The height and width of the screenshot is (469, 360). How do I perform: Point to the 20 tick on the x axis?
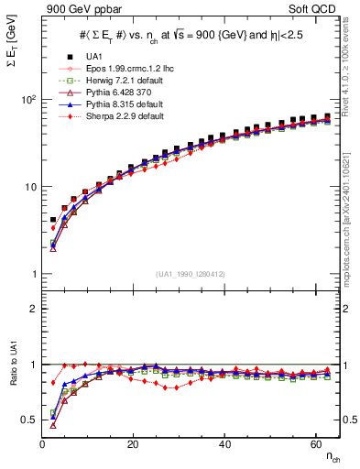[134, 443]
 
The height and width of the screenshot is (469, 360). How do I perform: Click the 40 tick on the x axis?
[226, 443]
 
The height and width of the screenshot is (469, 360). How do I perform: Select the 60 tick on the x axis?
[318, 443]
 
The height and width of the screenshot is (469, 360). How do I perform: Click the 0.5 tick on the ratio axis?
[29, 420]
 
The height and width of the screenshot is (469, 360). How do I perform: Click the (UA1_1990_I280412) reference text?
[191, 274]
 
